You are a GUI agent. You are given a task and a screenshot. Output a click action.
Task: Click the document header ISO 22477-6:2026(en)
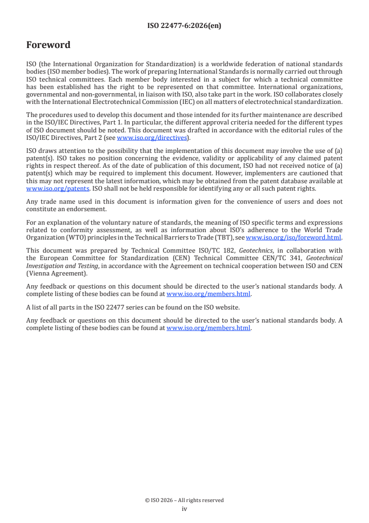click(184, 26)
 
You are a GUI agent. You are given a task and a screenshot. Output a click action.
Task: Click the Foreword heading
click(48, 45)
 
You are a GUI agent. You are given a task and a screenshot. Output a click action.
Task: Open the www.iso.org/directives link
click(152, 138)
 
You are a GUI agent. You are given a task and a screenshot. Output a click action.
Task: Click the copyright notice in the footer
click(184, 500)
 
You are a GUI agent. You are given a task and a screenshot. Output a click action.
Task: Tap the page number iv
click(184, 509)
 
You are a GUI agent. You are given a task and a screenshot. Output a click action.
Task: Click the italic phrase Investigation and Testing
click(62, 265)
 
